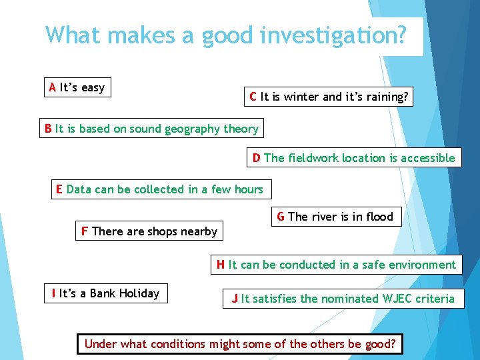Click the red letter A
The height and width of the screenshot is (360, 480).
click(x=52, y=87)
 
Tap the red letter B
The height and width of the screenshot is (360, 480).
click(x=47, y=129)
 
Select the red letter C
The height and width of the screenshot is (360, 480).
click(x=253, y=97)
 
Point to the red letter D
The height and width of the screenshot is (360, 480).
click(x=257, y=158)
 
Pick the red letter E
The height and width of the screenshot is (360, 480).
click(x=59, y=189)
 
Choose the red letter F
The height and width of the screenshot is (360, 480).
click(x=85, y=231)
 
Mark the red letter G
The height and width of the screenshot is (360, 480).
click(x=281, y=216)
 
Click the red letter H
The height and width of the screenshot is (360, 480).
click(x=221, y=265)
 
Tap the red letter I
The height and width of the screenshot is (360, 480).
click(x=53, y=293)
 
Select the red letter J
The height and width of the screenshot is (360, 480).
click(x=235, y=299)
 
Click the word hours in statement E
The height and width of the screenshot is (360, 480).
click(x=248, y=189)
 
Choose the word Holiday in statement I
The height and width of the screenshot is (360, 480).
click(x=138, y=293)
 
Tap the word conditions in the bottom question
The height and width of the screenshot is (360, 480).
click(x=178, y=344)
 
